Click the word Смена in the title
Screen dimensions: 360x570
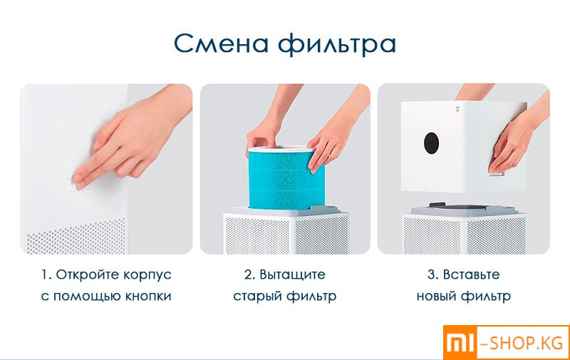(219, 43)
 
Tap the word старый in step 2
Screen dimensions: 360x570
(258, 296)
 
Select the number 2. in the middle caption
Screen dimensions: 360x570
(249, 274)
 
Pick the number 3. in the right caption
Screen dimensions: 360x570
(433, 274)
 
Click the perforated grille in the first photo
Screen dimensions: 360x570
(75, 235)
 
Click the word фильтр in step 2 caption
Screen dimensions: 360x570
(313, 296)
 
